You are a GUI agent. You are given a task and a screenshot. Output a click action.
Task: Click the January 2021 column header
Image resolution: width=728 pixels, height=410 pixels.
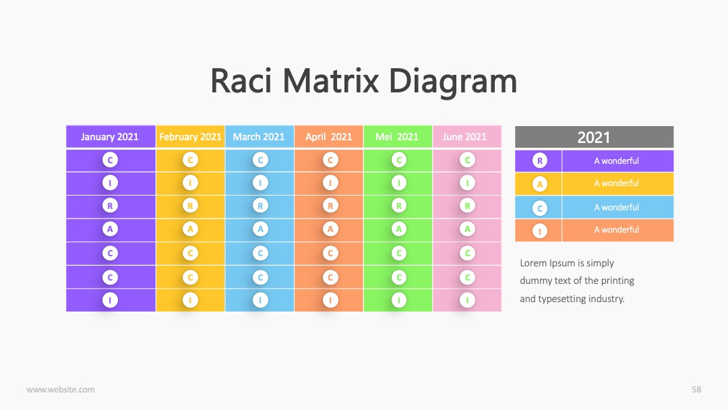point(111,136)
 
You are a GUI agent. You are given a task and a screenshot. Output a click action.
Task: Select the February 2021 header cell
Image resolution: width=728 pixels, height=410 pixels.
point(190,136)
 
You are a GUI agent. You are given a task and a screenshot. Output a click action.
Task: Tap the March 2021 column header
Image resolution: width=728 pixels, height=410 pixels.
point(259,136)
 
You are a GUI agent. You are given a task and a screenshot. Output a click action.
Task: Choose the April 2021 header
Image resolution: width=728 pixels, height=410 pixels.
point(328,136)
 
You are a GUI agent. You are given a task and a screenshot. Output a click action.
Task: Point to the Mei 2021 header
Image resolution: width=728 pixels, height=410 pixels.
point(398,136)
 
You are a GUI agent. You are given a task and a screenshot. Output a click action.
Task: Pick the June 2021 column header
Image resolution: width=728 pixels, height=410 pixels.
point(466,136)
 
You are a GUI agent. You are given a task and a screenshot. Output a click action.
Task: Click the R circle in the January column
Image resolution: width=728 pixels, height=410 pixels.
point(110,206)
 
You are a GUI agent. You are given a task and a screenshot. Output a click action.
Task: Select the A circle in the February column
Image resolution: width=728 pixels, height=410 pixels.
point(190,229)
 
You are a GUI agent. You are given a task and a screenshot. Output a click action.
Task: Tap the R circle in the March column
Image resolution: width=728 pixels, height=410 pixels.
point(260,206)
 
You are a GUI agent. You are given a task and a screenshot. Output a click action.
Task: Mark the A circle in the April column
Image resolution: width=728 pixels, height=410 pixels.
point(330,229)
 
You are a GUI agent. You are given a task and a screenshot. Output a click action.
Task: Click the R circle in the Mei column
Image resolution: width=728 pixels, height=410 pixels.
point(399,206)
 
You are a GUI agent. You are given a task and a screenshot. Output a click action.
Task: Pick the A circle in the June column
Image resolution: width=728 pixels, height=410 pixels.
point(468,229)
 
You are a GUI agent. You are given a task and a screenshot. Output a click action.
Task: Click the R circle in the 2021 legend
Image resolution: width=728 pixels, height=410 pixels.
point(539,161)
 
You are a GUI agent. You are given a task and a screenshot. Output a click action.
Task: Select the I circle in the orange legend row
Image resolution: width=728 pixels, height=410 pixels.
point(539,231)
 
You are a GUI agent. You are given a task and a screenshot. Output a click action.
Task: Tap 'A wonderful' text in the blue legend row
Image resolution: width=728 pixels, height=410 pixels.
point(617,208)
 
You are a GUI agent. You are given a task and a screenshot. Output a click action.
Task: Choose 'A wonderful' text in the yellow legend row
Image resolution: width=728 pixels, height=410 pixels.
point(617,183)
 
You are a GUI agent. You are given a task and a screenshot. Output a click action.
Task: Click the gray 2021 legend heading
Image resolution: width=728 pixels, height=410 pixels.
point(595,137)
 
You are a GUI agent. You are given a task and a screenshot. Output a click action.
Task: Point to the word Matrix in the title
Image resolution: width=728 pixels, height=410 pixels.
point(330,81)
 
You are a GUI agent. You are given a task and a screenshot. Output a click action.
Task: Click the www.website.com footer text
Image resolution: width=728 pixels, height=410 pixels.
point(61,390)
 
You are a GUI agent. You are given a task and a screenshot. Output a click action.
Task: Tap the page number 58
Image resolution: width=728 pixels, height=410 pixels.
point(696,390)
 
